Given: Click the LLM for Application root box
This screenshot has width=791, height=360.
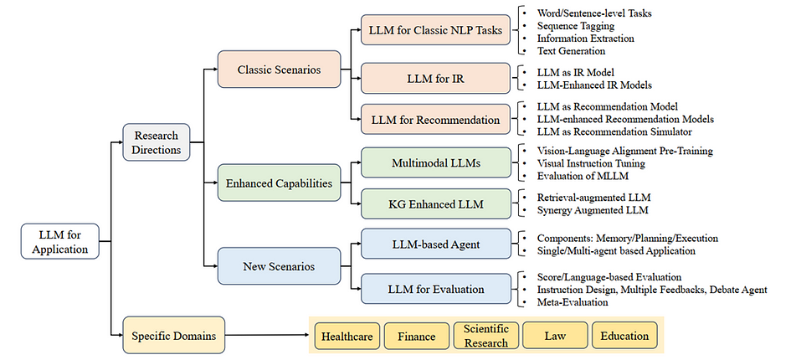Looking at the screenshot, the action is (59, 241).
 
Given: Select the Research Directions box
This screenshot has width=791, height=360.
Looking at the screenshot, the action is (157, 142).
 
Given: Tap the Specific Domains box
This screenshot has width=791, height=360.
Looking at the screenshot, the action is (174, 335).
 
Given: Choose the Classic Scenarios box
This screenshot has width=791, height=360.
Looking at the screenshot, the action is (279, 69).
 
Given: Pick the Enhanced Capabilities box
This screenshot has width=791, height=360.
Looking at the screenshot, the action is (279, 183).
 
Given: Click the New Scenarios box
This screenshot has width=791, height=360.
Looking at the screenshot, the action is (279, 266).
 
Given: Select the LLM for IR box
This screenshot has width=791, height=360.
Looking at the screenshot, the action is (435, 78).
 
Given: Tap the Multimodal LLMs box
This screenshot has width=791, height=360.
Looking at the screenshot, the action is (435, 162).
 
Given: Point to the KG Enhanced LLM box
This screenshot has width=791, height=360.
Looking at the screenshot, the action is (435, 204).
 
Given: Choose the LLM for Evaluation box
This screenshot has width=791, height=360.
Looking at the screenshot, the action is (435, 290).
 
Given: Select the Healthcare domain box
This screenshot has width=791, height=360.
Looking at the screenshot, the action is (347, 336).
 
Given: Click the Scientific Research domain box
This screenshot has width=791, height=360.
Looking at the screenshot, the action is (485, 336).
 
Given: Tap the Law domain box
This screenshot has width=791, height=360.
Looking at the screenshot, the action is (555, 336).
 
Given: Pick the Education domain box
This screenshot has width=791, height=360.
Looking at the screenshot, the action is (624, 336).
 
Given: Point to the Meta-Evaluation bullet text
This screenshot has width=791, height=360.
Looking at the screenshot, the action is (573, 302).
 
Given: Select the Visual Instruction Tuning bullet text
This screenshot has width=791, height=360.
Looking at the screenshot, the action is (591, 163).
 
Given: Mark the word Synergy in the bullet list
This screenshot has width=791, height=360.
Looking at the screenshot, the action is (554, 210).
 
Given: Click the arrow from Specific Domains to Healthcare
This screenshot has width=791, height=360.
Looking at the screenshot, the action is (269, 335).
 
